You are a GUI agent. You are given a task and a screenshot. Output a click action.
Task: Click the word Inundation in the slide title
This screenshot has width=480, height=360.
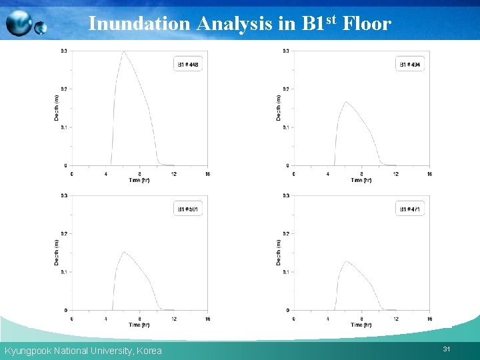[x=139, y=24]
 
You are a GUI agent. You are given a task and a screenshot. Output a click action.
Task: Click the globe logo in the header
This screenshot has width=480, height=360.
[x=25, y=24]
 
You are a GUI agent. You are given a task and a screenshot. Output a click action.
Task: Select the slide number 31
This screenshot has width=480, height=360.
[x=446, y=349]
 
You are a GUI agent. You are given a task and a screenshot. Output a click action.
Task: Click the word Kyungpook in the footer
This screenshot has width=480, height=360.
[x=27, y=351]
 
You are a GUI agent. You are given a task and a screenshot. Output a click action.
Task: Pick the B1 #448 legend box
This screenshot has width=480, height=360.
[x=188, y=65]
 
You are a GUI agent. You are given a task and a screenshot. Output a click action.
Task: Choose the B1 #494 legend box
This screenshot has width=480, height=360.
[x=410, y=65]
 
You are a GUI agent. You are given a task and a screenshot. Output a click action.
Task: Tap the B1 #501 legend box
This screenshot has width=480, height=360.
[x=188, y=209]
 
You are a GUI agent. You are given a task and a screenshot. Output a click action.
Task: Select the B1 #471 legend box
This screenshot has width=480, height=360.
[x=410, y=209]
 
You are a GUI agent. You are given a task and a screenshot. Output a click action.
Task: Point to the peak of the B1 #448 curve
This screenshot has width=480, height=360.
[x=123, y=52]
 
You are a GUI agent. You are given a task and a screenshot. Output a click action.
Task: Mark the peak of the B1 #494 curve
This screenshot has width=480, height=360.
[x=345, y=102]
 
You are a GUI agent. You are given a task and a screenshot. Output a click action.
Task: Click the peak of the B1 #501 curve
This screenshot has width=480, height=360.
[x=123, y=252]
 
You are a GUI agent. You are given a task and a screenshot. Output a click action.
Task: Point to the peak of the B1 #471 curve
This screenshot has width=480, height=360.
[x=345, y=261]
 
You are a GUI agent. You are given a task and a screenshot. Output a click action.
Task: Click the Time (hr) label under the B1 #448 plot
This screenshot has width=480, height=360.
[x=139, y=180]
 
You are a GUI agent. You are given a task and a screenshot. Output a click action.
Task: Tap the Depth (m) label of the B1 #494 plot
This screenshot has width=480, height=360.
[x=279, y=107]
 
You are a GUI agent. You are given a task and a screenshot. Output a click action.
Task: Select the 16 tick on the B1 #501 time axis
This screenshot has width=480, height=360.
[x=207, y=319]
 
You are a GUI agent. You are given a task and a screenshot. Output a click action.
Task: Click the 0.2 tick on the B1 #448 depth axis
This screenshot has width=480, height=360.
[x=64, y=89]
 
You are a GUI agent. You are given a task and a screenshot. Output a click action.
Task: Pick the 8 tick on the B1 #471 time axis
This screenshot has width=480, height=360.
[x=361, y=319]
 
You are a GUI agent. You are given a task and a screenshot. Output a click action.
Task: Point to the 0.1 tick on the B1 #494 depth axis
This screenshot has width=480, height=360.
[x=286, y=127]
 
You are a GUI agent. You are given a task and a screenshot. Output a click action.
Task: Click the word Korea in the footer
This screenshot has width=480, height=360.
[x=149, y=351]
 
